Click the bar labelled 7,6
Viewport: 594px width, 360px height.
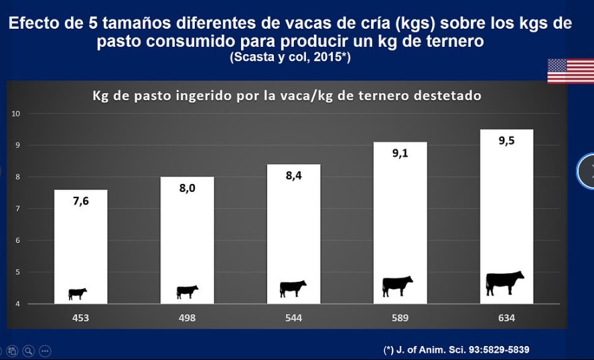pyautogui.click(x=80, y=246)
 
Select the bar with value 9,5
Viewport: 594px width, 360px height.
pyautogui.click(x=506, y=217)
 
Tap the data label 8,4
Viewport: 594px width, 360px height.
pyautogui.click(x=293, y=175)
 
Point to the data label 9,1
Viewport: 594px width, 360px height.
pyautogui.click(x=400, y=153)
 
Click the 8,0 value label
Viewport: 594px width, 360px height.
pyautogui.click(x=187, y=188)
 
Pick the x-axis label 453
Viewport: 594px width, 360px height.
pyautogui.click(x=80, y=318)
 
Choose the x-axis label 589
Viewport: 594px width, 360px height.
pyautogui.click(x=400, y=318)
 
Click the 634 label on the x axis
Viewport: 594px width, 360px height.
pyautogui.click(x=506, y=318)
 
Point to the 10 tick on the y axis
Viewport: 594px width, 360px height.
pyautogui.click(x=15, y=114)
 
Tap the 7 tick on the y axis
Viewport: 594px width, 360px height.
pyautogui.click(x=18, y=209)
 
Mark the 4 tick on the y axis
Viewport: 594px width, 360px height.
pyautogui.click(x=18, y=304)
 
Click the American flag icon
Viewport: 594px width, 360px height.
pyautogui.click(x=571, y=71)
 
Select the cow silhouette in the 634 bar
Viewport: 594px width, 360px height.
pyautogui.click(x=504, y=283)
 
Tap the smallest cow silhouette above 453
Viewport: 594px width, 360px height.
pyautogui.click(x=77, y=294)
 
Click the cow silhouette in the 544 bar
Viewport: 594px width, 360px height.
pyautogui.click(x=293, y=288)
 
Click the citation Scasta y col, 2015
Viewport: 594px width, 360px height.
pyautogui.click(x=290, y=57)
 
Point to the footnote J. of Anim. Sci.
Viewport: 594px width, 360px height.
pyautogui.click(x=456, y=349)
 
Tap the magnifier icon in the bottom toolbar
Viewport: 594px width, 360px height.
pyautogui.click(x=28, y=351)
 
